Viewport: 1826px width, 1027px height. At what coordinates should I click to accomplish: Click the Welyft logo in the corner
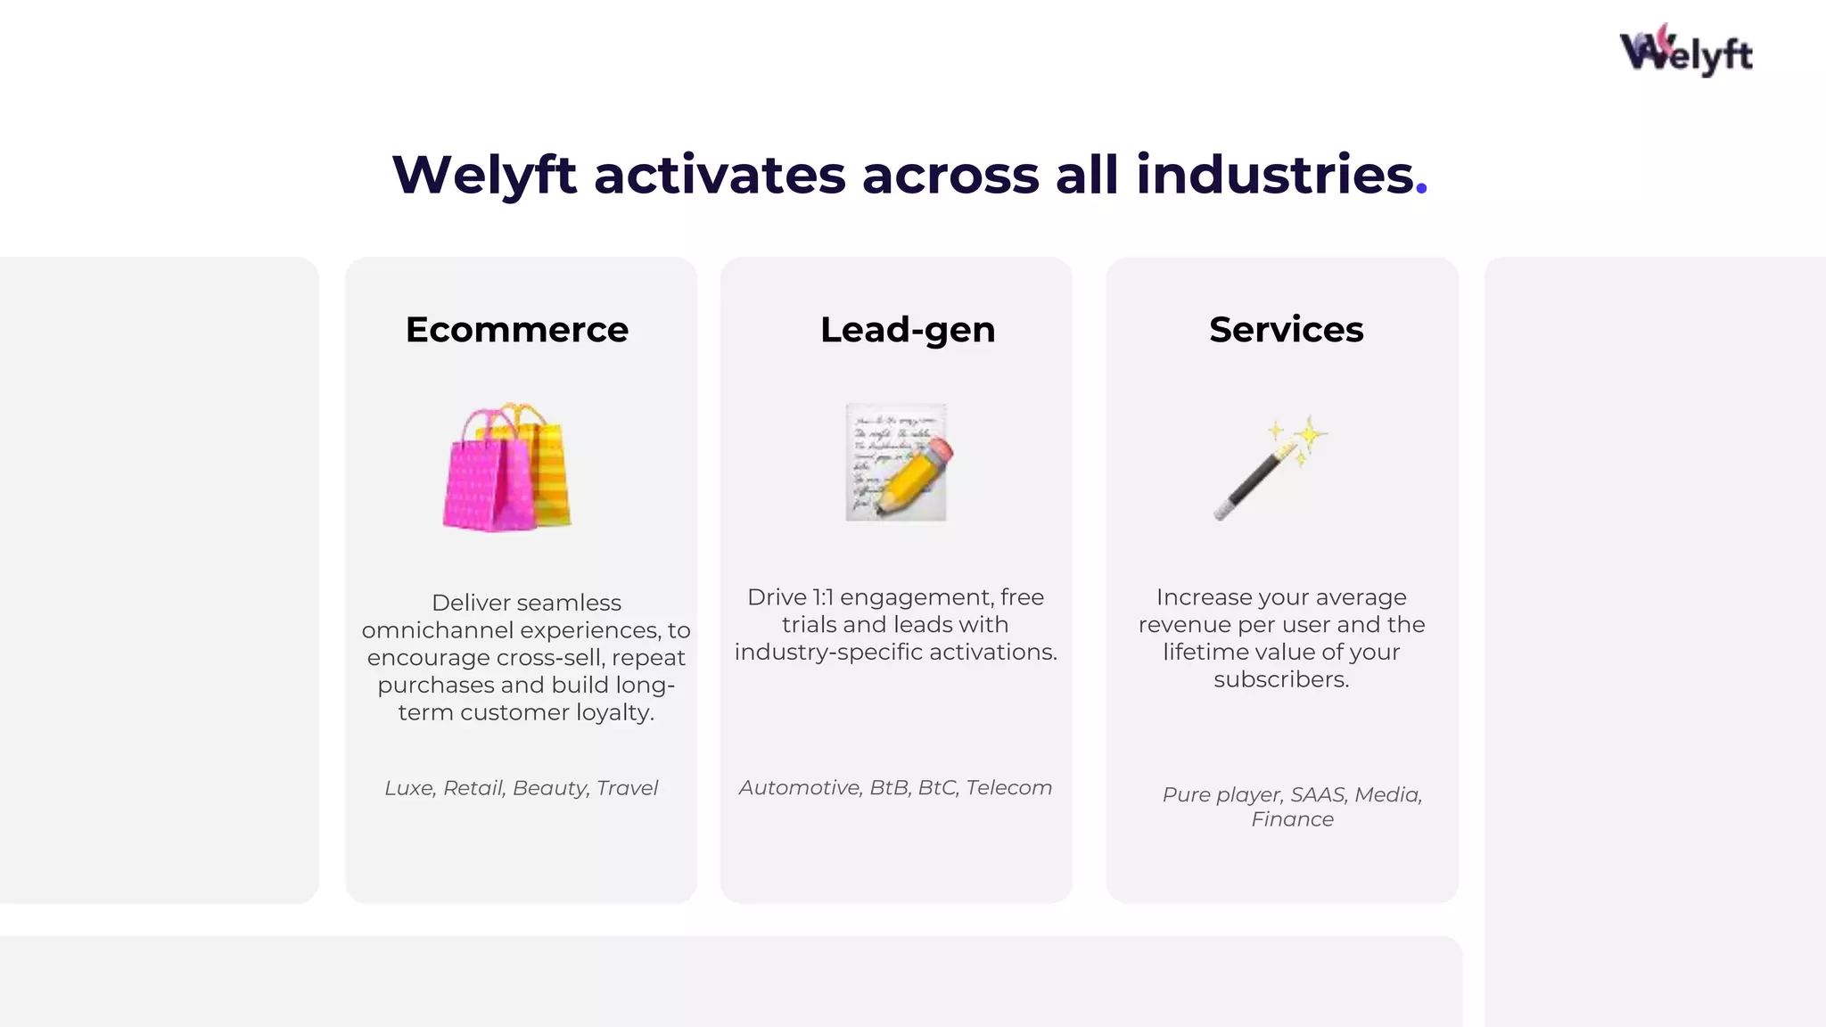(x=1685, y=52)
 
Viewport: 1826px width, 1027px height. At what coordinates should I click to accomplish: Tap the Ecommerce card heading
(x=517, y=330)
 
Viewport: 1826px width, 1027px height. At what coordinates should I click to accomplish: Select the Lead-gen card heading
(x=908, y=330)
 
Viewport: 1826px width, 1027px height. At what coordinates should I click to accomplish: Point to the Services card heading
(x=1286, y=330)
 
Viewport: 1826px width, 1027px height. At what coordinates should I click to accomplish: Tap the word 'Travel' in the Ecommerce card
(x=627, y=788)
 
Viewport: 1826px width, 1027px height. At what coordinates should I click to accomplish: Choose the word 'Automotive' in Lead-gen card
(x=799, y=788)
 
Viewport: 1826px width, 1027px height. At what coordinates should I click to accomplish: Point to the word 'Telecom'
(x=1008, y=788)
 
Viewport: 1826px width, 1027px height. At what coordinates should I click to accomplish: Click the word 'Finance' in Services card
(x=1292, y=819)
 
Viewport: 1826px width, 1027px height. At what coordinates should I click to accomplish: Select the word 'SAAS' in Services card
(x=1319, y=794)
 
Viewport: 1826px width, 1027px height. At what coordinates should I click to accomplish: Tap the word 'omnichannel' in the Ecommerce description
(x=437, y=630)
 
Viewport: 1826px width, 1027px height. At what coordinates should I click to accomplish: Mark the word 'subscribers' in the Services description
(x=1279, y=679)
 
